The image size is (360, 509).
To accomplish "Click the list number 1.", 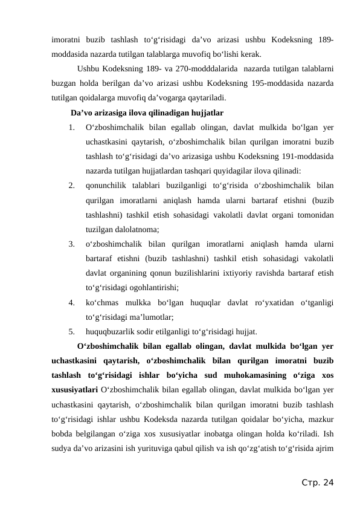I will point(71,128).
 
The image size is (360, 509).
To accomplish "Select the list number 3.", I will point(71,245).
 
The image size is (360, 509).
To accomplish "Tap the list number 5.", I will point(71,331).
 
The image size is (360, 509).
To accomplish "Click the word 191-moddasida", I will point(309,156).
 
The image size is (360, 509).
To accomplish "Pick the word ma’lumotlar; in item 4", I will point(150,316).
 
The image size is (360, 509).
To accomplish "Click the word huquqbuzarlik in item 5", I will point(109,331).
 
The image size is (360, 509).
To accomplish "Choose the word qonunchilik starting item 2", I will point(107,186).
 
